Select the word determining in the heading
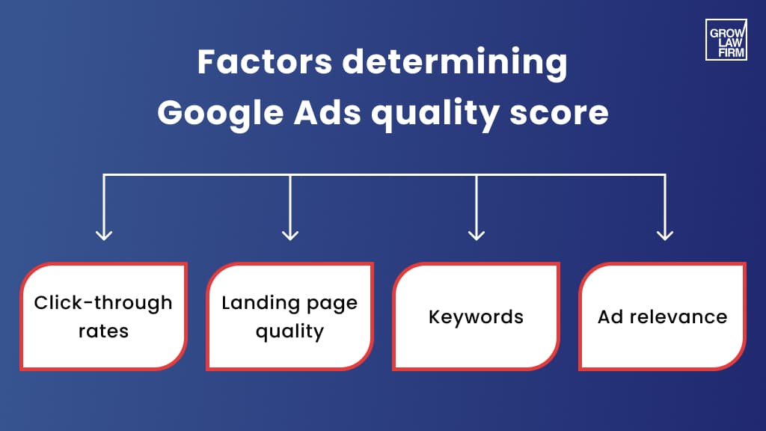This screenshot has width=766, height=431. pyautogui.click(x=455, y=64)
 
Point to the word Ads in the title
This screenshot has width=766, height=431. pyautogui.click(x=328, y=112)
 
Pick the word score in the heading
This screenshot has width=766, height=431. pyautogui.click(x=559, y=114)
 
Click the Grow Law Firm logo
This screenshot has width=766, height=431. pyautogui.click(x=726, y=40)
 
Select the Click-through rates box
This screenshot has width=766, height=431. pyautogui.click(x=103, y=317)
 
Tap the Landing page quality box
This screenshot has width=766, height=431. pyautogui.click(x=289, y=317)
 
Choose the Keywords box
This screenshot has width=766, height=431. pyautogui.click(x=477, y=317)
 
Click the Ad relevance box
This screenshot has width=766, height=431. pyautogui.click(x=663, y=317)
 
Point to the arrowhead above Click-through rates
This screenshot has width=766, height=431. pyautogui.click(x=104, y=235)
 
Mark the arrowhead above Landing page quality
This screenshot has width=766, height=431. pyautogui.click(x=290, y=235)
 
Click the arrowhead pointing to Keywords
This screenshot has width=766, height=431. pyautogui.click(x=477, y=235)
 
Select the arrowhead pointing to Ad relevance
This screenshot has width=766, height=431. pyautogui.click(x=665, y=235)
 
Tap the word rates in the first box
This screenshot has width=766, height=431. pyautogui.click(x=103, y=331)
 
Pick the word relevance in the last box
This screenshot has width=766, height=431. pyautogui.click(x=678, y=317)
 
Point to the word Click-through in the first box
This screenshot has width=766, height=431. pyautogui.click(x=103, y=304)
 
